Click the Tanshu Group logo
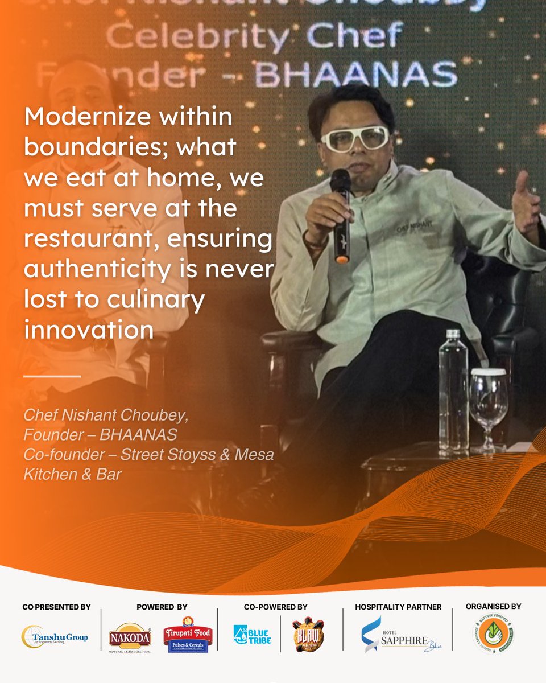tap(56, 636)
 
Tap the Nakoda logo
tap(130, 635)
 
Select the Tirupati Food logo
tap(188, 635)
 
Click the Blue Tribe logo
tap(252, 635)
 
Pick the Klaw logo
tap(308, 635)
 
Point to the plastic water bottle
tap(453, 393)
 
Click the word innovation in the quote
tap(88, 330)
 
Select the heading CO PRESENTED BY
tap(56, 607)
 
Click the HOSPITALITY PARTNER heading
tap(398, 607)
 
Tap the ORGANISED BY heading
tap(493, 606)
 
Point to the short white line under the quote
tap(52, 376)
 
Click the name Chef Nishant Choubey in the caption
tap(105, 414)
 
